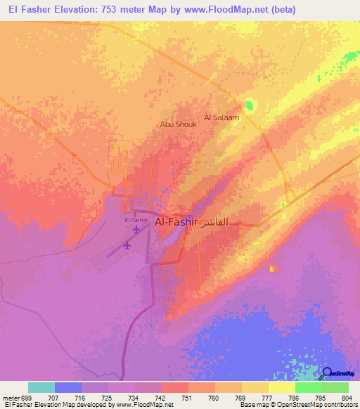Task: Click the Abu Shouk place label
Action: [178, 124]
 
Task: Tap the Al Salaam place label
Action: [221, 117]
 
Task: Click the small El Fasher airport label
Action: [136, 221]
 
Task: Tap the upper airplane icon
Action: [135, 230]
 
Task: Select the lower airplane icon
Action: [127, 245]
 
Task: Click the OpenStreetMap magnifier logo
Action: [327, 372]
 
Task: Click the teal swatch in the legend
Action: [41, 387]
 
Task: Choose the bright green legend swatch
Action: [309, 387]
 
